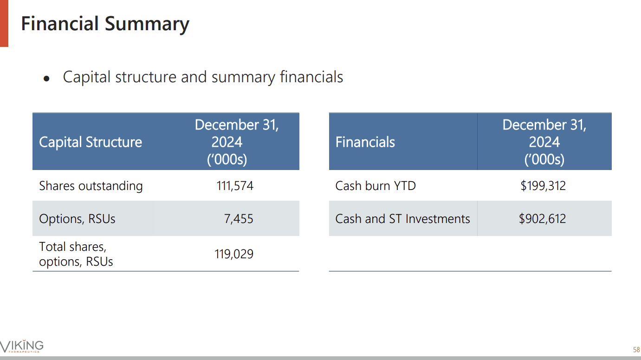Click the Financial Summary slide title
tap(105, 24)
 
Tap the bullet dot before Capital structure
tap(46, 79)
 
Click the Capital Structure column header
tap(91, 142)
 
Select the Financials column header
tap(365, 142)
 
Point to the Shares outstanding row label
tap(91, 186)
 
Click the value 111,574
tap(235, 186)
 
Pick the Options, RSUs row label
tap(77, 219)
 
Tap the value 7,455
tap(239, 219)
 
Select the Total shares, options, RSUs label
tap(76, 254)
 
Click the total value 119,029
tap(234, 254)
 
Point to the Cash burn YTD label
tap(375, 186)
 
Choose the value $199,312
tap(543, 186)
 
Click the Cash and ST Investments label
tap(402, 219)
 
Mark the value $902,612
tap(542, 219)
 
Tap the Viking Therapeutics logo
tap(22, 346)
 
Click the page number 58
tap(636, 349)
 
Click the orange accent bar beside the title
tap(4, 23)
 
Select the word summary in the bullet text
tap(243, 77)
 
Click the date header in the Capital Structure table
tap(236, 142)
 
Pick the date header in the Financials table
tap(544, 142)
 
